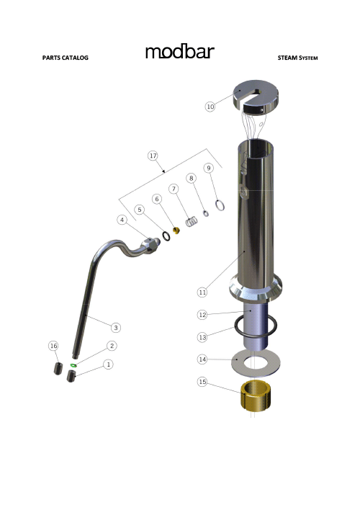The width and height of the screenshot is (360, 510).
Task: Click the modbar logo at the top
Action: click(179, 52)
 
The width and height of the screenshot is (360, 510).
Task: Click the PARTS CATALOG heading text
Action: click(66, 58)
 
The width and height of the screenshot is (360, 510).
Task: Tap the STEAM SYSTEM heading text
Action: click(297, 58)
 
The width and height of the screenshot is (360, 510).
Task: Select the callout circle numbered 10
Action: click(210, 106)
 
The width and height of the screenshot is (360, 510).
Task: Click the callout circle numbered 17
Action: click(153, 155)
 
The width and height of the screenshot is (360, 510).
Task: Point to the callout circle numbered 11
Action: click(202, 292)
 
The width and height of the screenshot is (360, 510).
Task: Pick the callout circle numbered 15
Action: click(203, 382)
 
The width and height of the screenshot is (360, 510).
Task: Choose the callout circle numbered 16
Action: click(53, 346)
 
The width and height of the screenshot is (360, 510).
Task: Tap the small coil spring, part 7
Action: click(192, 222)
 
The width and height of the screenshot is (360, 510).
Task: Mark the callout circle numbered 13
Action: click(202, 336)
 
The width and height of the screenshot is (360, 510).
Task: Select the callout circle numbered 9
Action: click(209, 168)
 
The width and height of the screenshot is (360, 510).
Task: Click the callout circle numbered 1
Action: click(108, 364)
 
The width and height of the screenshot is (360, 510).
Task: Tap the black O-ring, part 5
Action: click(165, 236)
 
